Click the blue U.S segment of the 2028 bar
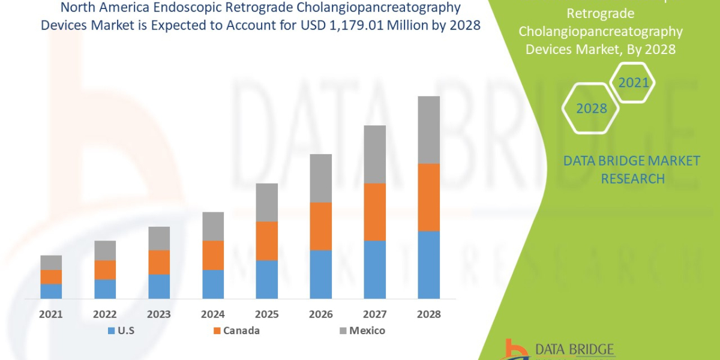pyautogui.click(x=428, y=265)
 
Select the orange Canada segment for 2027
pyautogui.click(x=374, y=212)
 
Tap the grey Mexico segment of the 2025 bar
pyautogui.click(x=267, y=202)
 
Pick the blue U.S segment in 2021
pyautogui.click(x=51, y=291)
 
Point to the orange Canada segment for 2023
pyautogui.click(x=159, y=262)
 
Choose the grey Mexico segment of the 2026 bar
pyautogui.click(x=320, y=178)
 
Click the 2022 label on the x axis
pyautogui.click(x=105, y=314)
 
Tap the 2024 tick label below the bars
pyautogui.click(x=213, y=314)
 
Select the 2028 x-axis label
pyautogui.click(x=428, y=314)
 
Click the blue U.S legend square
pyautogui.click(x=111, y=331)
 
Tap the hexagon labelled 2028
pyautogui.click(x=592, y=109)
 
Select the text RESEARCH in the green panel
pyautogui.click(x=632, y=179)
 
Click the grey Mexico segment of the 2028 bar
pyautogui.click(x=428, y=130)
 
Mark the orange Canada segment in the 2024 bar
pyautogui.click(x=213, y=255)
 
